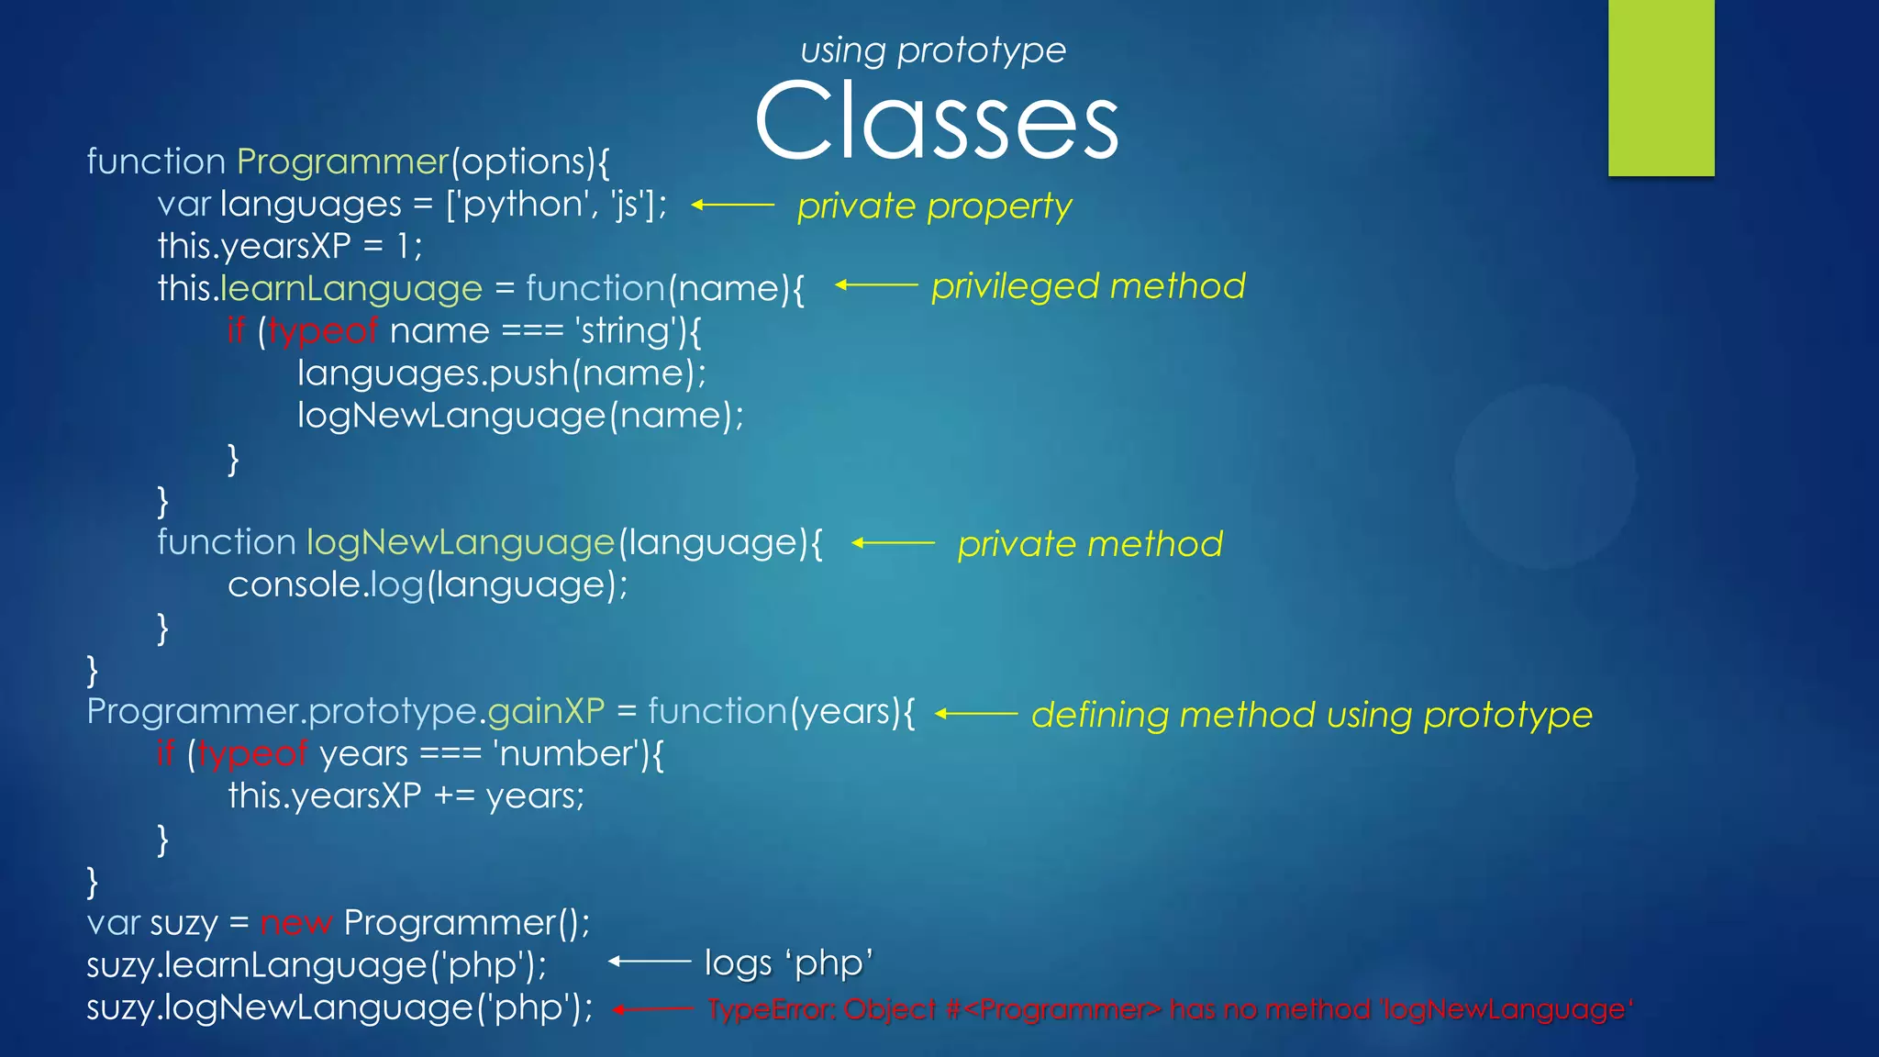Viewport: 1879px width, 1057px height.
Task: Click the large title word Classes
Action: click(x=936, y=121)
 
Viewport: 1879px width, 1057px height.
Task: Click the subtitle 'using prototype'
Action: click(x=933, y=50)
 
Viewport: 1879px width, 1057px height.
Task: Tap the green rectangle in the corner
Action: click(x=1661, y=87)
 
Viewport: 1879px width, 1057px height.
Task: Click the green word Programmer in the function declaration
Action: click(x=342, y=161)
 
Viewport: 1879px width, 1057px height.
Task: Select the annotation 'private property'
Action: click(x=934, y=206)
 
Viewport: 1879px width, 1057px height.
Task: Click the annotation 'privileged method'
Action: click(x=1088, y=286)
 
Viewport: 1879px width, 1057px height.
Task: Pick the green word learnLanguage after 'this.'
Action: click(x=351, y=288)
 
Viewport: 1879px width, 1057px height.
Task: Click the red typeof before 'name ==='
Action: click(x=323, y=330)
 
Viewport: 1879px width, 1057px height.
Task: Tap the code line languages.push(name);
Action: click(x=501, y=373)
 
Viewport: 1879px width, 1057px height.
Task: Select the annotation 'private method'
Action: click(x=1090, y=544)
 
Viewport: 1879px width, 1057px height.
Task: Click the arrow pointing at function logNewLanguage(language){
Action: click(x=892, y=543)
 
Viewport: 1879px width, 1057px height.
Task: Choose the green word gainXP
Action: click(x=546, y=711)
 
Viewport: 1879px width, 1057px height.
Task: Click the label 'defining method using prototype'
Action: click(x=1312, y=715)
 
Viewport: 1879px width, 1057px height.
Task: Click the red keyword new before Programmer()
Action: click(x=295, y=923)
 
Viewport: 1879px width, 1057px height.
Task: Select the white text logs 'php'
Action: click(x=788, y=962)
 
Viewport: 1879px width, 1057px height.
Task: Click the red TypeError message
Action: click(x=1170, y=1009)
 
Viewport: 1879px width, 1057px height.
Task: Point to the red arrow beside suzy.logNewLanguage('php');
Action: click(x=652, y=1009)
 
